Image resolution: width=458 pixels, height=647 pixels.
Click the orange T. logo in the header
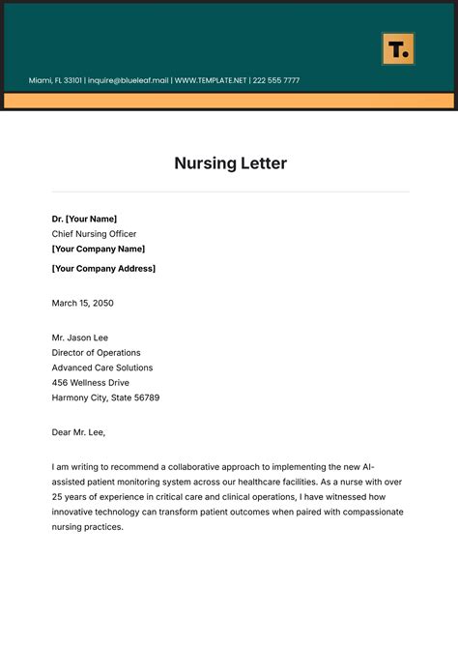[398, 49]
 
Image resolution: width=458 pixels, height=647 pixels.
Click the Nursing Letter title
[230, 162]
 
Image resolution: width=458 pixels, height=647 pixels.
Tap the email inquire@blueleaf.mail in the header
[128, 80]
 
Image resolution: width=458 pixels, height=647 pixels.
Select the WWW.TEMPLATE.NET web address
[211, 80]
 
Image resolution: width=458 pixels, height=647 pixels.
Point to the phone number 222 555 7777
[276, 80]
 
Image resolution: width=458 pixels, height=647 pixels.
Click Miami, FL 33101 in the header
[55, 80]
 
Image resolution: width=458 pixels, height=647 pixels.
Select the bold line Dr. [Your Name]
[84, 219]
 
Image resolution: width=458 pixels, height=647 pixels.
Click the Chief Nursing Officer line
[94, 234]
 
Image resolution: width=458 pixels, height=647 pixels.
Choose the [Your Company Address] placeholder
[103, 268]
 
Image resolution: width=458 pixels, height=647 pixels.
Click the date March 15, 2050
[82, 303]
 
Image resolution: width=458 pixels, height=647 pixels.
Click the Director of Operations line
[96, 353]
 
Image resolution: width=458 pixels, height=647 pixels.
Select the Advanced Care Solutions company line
[101, 368]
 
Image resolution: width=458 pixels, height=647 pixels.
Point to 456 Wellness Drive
[91, 383]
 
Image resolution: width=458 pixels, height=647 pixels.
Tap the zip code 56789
[146, 397]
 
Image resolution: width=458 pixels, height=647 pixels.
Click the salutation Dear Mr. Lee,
[78, 432]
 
